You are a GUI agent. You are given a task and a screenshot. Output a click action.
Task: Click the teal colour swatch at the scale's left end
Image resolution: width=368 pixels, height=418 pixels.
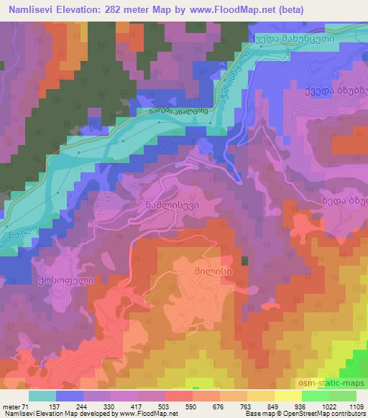coord(42,395)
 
